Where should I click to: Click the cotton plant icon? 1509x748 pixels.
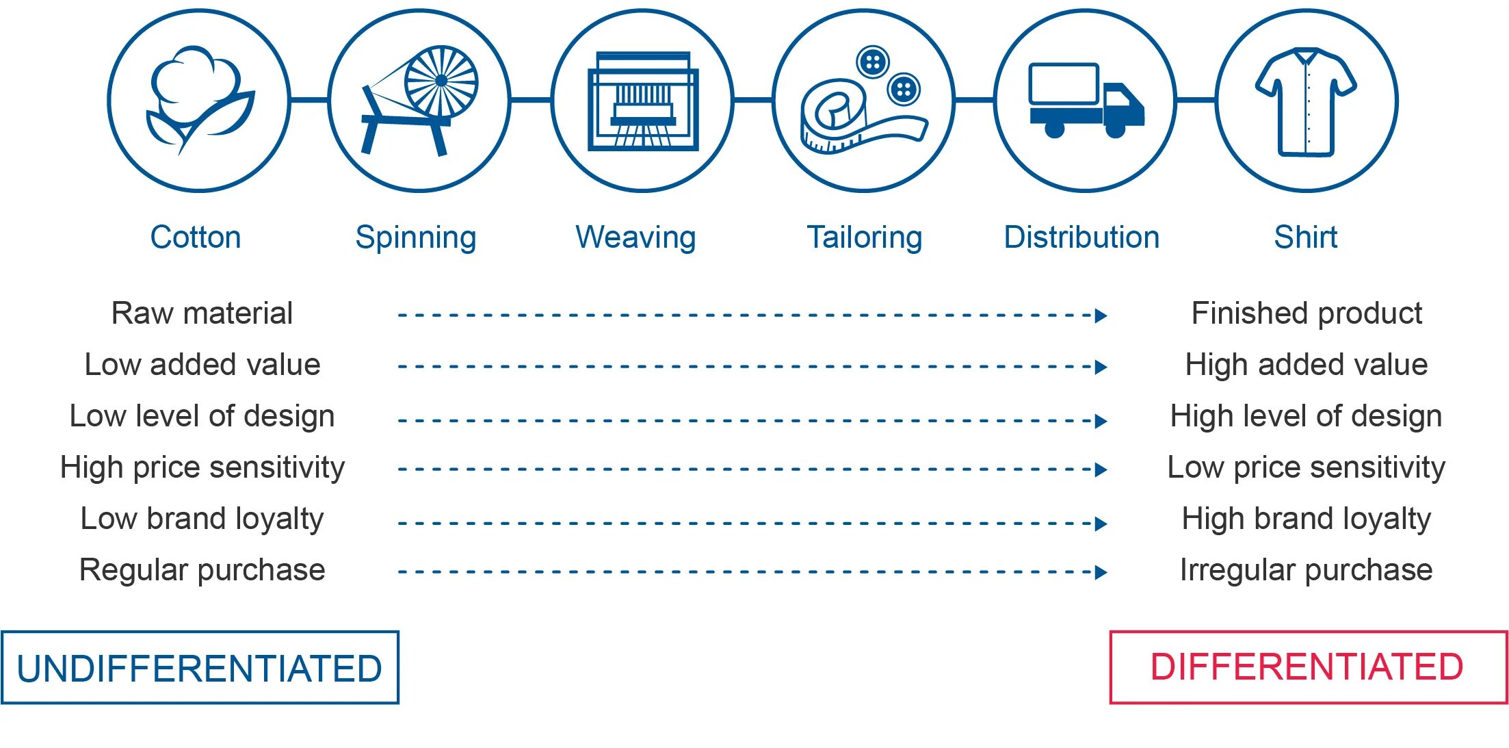[x=198, y=99]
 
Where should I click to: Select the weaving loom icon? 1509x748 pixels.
[x=642, y=101]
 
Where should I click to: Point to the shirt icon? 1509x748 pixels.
[x=1306, y=101]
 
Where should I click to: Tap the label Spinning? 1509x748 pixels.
[x=416, y=237]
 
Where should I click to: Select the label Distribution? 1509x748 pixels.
[x=1081, y=237]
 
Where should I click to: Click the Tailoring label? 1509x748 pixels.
[x=864, y=237]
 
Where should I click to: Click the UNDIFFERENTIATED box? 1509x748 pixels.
[x=200, y=667]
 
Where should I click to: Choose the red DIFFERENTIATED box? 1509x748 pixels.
[x=1308, y=667]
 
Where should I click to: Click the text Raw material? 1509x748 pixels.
[x=202, y=313]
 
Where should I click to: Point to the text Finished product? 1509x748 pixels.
[x=1307, y=313]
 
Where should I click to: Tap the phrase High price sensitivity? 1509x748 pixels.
[x=202, y=467]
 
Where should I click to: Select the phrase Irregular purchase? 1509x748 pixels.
[x=1306, y=570]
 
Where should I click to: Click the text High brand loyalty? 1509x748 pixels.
[x=1306, y=519]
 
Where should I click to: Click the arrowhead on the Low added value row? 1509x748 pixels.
[x=1101, y=367]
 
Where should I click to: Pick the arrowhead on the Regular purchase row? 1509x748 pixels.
[x=1101, y=572]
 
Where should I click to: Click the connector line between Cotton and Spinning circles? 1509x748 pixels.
[x=309, y=101]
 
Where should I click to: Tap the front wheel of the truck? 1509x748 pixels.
[x=1115, y=129]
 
